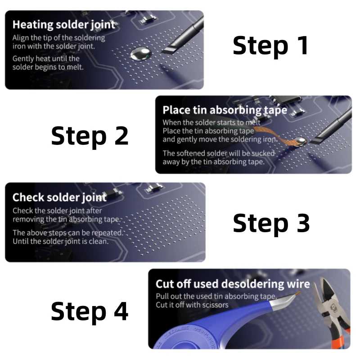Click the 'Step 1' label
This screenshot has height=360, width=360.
[x=271, y=46]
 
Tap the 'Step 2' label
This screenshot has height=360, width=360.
[x=90, y=136]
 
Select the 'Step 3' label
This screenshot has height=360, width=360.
[x=271, y=223]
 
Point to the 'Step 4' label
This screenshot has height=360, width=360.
[x=90, y=311]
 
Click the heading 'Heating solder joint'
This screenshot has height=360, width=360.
[x=64, y=25]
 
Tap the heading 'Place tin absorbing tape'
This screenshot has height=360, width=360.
[x=225, y=110]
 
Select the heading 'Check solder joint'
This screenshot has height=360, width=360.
[x=59, y=198]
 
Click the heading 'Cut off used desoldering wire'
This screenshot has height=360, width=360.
[x=233, y=284]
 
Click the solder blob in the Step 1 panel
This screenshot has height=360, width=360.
[x=140, y=54]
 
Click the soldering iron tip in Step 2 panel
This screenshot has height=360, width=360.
[x=319, y=140]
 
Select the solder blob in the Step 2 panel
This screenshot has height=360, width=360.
[x=300, y=141]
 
